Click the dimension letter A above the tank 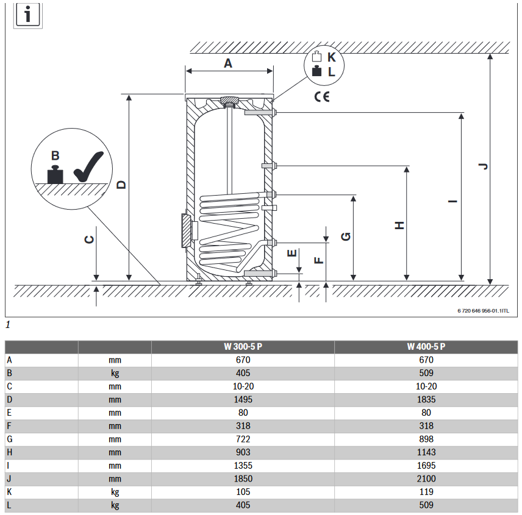[227, 63]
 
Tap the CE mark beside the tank [322, 97]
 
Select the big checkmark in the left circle [88, 166]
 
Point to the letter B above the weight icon [55, 155]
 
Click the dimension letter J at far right [484, 166]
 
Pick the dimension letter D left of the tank [122, 185]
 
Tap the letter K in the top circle [332, 57]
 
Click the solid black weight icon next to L [316, 71]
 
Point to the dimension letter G [346, 236]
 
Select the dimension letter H [399, 226]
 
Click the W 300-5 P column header [243, 347]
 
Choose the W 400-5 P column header [426, 347]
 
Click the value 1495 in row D [243, 400]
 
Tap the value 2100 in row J [426, 479]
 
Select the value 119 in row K [426, 492]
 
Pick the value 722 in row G [243, 439]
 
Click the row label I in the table [8, 466]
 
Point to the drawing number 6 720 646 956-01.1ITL [483, 311]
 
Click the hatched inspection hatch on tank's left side [187, 231]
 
